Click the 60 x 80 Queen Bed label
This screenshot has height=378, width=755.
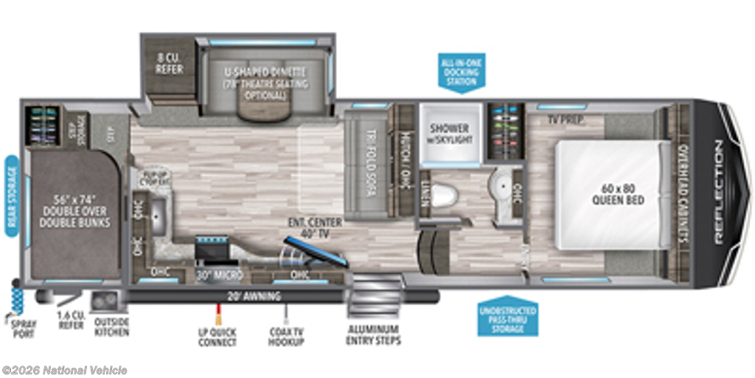[617, 194]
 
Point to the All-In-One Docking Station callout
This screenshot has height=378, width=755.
[461, 71]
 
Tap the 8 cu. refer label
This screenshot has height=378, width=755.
[169, 63]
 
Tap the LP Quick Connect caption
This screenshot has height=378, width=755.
[218, 337]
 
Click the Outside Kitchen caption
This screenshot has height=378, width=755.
[112, 326]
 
